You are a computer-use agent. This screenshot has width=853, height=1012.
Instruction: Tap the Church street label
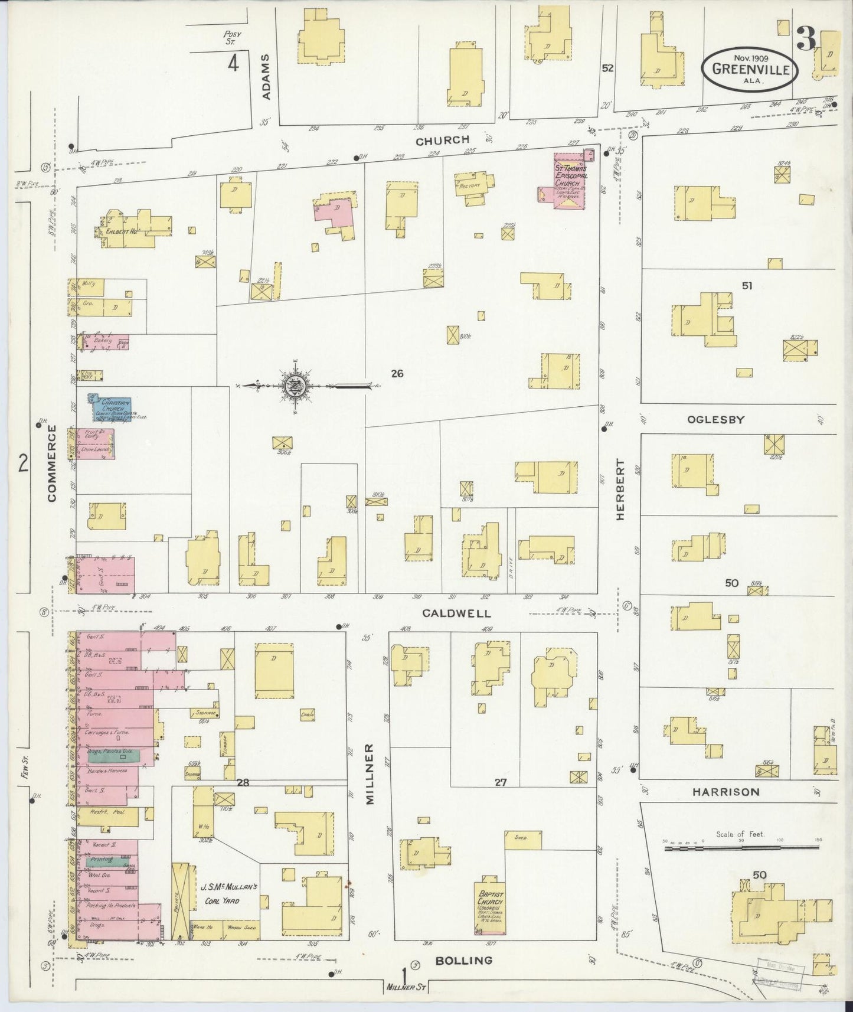[x=442, y=141]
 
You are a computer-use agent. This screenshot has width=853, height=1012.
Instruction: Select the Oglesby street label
[x=715, y=420]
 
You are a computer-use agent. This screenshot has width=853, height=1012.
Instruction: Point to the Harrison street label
[x=725, y=792]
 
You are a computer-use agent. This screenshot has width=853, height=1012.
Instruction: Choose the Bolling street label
[x=463, y=961]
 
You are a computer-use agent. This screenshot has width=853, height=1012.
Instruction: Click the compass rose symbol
[x=293, y=386]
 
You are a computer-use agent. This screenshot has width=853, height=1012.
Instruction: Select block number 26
[x=397, y=373]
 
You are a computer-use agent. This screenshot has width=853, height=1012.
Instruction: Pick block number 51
[x=747, y=286]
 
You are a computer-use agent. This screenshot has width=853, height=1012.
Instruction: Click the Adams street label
[x=266, y=77]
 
